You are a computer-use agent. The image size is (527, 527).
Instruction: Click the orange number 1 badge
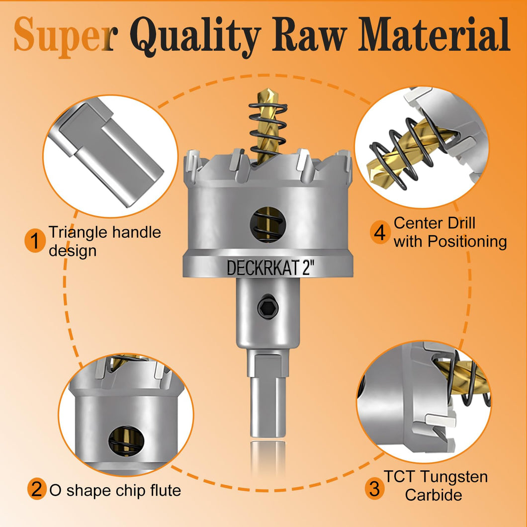pyautogui.click(x=35, y=241)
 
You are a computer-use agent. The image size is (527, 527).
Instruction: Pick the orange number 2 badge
pyautogui.click(x=37, y=489)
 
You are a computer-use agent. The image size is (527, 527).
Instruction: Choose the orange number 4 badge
pyautogui.click(x=380, y=233)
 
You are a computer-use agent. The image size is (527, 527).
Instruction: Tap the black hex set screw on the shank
pyautogui.click(x=268, y=307)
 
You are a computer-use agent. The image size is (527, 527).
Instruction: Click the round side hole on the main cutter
pyautogui.click(x=268, y=225)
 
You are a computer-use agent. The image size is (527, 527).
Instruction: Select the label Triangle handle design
pyautogui.click(x=104, y=241)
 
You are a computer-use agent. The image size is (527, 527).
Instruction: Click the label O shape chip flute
pyautogui.click(x=115, y=490)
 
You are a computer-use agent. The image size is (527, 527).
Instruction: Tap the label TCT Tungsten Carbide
pyautogui.click(x=436, y=486)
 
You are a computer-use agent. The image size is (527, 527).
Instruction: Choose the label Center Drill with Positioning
pyautogui.click(x=450, y=232)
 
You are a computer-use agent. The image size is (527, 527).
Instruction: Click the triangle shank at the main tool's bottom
pyautogui.click(x=268, y=393)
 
